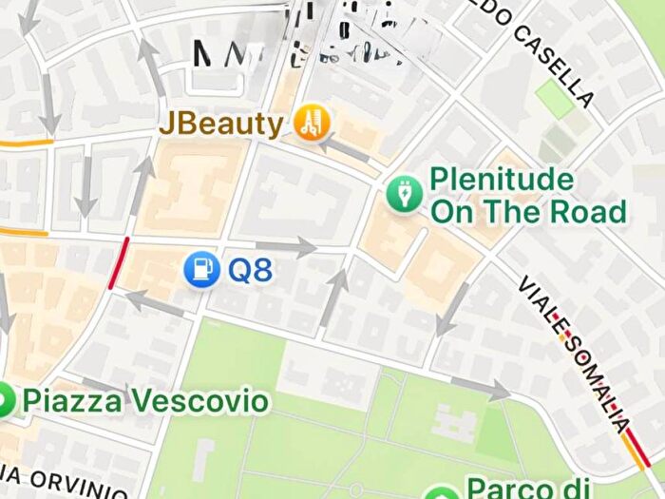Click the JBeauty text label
220,124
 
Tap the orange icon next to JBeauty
309,122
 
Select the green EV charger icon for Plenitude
405,194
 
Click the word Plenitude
502,179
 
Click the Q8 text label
251,270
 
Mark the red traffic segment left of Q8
119,264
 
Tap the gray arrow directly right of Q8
298,246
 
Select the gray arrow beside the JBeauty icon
348,149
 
